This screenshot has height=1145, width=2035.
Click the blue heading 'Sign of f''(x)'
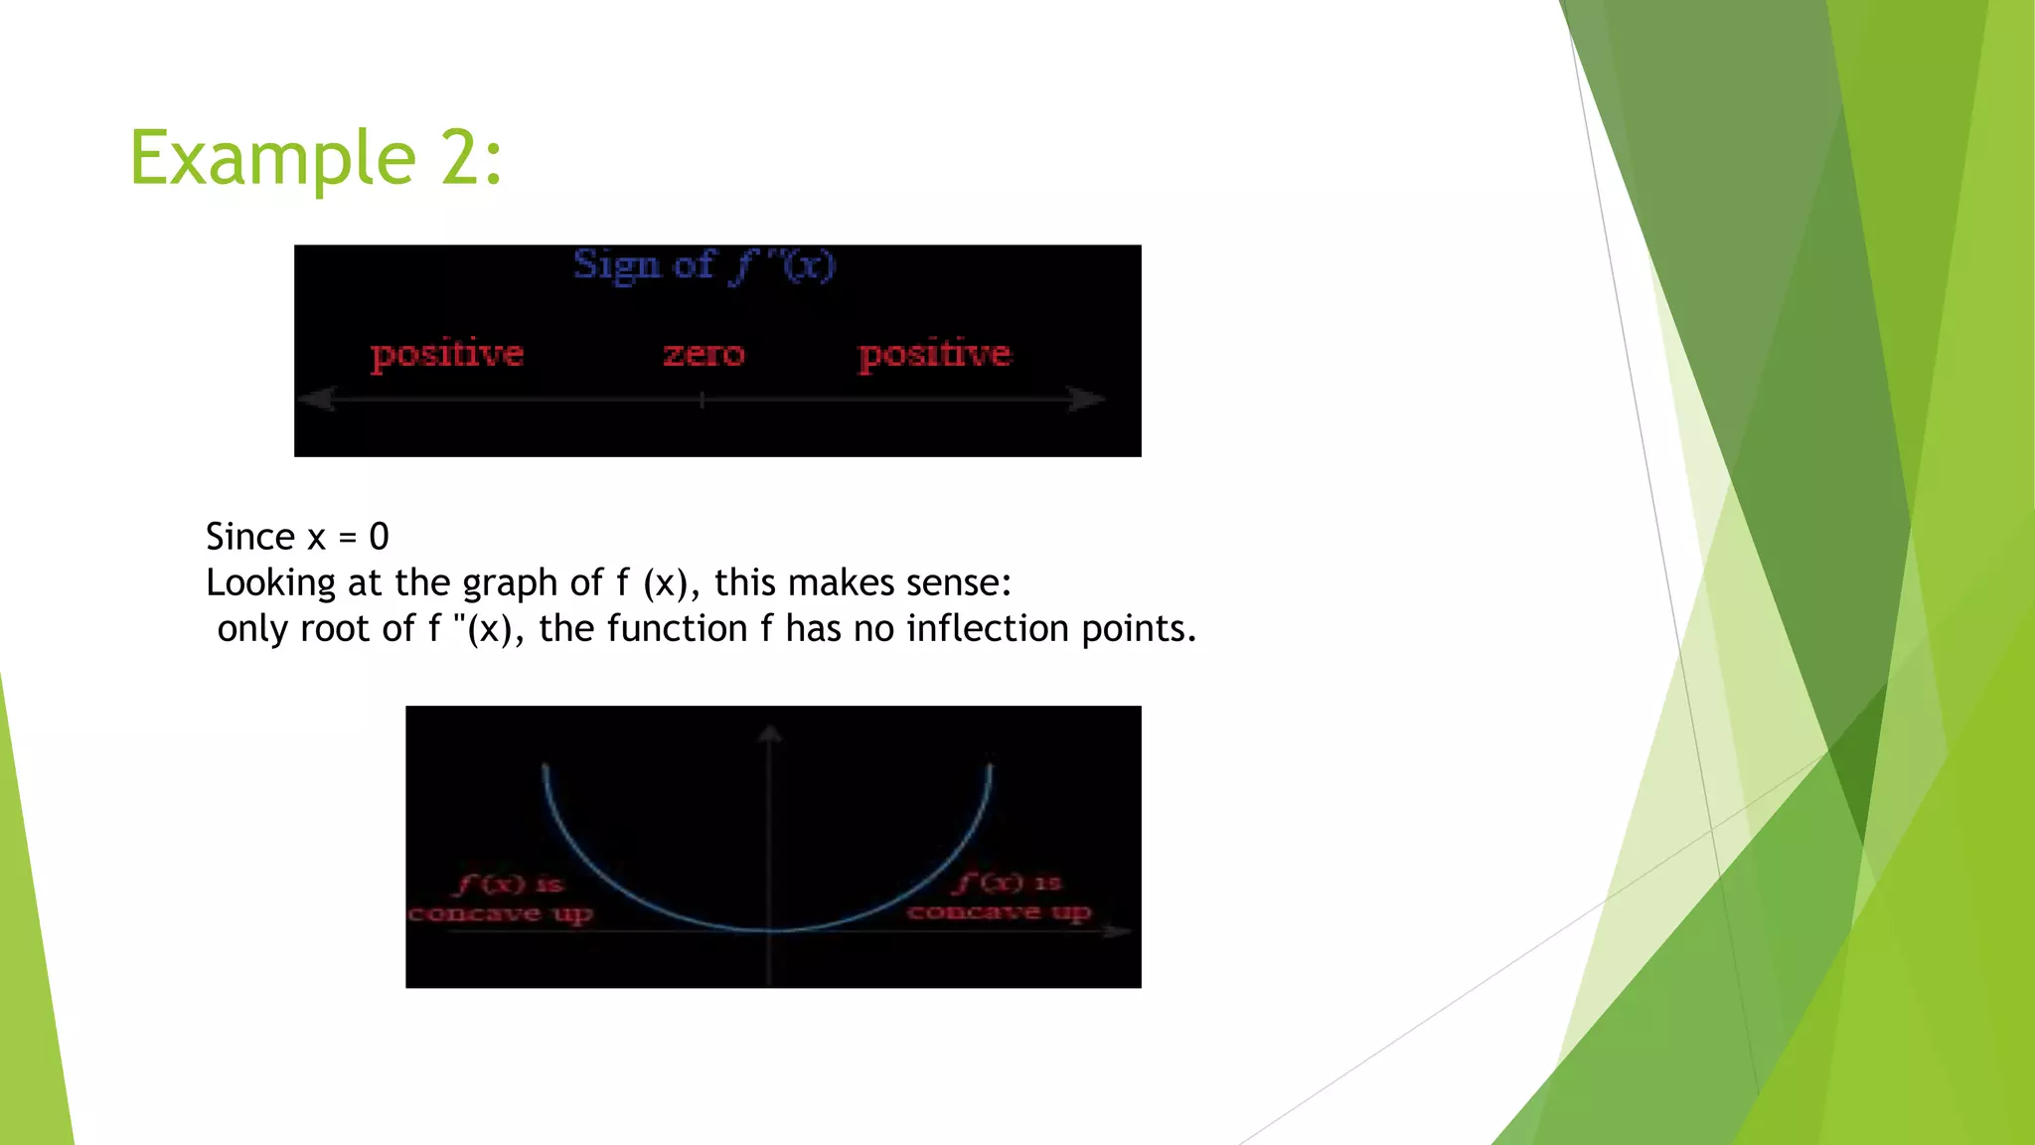704,265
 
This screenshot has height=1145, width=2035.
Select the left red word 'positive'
447,355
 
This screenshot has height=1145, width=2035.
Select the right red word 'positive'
934,355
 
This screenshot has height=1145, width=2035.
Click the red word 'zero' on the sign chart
704,355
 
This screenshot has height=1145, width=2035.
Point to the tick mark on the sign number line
702,400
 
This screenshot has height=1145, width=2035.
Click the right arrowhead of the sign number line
1088,400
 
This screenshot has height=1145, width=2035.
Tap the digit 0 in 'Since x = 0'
379,537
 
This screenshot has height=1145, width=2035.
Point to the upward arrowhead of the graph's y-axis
770,735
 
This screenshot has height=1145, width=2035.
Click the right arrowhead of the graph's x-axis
1120,931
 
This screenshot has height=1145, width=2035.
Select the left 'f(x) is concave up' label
502,899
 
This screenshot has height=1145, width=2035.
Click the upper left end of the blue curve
546,767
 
